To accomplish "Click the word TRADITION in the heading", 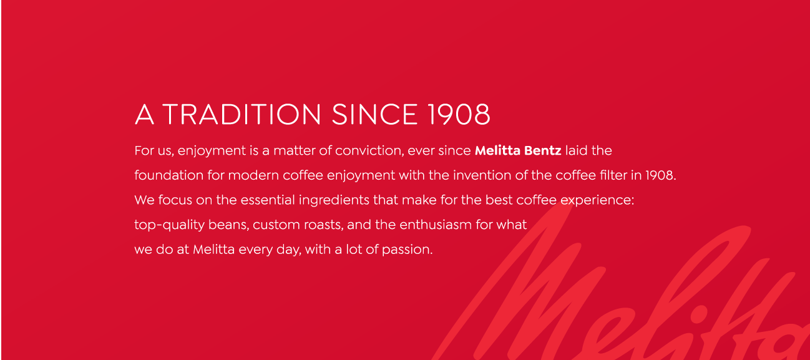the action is point(242,115).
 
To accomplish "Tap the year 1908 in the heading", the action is point(458,115).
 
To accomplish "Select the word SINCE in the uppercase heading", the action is point(374,115).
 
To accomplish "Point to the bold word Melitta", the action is point(497,150).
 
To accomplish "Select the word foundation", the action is point(169,175).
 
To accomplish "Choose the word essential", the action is point(268,200).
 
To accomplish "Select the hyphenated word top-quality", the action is point(170,225).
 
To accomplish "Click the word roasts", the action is point(323,225).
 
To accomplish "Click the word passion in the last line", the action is point(407,250).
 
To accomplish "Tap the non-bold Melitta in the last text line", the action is point(213,250).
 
